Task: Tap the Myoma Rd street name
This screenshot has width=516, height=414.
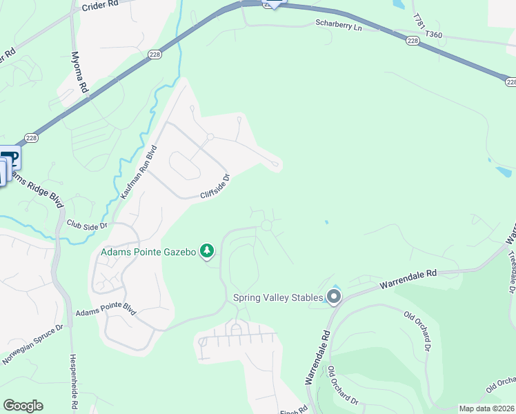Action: tap(81, 72)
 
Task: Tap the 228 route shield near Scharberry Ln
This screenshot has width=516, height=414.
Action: tap(413, 41)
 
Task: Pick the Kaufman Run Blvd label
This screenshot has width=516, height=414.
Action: tap(139, 172)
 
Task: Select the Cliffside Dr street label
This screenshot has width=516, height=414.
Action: tap(215, 186)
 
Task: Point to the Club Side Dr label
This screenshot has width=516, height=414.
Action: tap(88, 225)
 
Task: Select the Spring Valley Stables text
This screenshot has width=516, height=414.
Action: tap(278, 297)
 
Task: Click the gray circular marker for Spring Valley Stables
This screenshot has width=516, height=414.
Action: tap(335, 297)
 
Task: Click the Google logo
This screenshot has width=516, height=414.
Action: tap(23, 406)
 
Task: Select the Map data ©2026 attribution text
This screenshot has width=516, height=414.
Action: tap(486, 408)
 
